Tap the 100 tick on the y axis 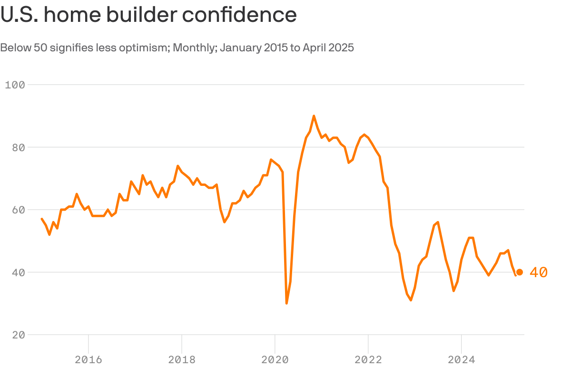pos(15,85)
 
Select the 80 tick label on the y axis pos(18,147)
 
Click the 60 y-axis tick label pos(18,210)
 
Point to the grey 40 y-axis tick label pos(18,272)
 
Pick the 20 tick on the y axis pos(18,335)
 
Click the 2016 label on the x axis pos(89,360)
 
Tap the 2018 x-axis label pos(182,360)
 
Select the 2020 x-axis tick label pos(275,360)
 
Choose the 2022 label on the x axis pos(368,360)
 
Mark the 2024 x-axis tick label pos(461,360)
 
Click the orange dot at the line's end pos(520,272)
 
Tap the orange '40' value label pos(538,272)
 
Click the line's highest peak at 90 pos(314,116)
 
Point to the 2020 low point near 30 pos(286,303)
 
